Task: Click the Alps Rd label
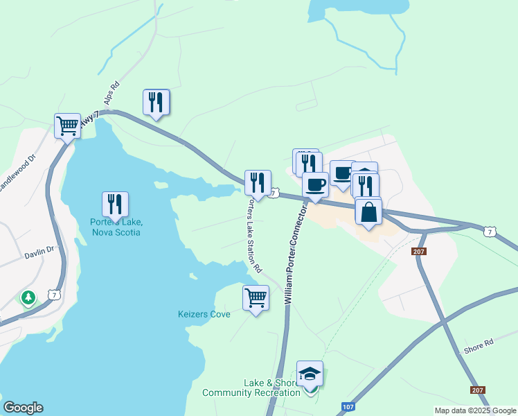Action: click(112, 93)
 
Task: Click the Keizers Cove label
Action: click(204, 314)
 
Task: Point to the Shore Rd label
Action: click(479, 343)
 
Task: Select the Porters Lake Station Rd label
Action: click(255, 236)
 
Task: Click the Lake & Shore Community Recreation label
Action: click(251, 388)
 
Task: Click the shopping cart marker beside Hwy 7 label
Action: click(67, 126)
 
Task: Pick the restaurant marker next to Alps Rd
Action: click(156, 102)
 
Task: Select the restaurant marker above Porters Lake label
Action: click(115, 204)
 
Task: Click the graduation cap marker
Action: click(309, 374)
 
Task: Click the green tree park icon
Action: click(28, 299)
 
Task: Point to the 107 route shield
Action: click(348, 406)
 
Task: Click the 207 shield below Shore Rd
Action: click(477, 390)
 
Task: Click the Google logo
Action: click(23, 408)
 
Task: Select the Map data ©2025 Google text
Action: click(475, 410)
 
